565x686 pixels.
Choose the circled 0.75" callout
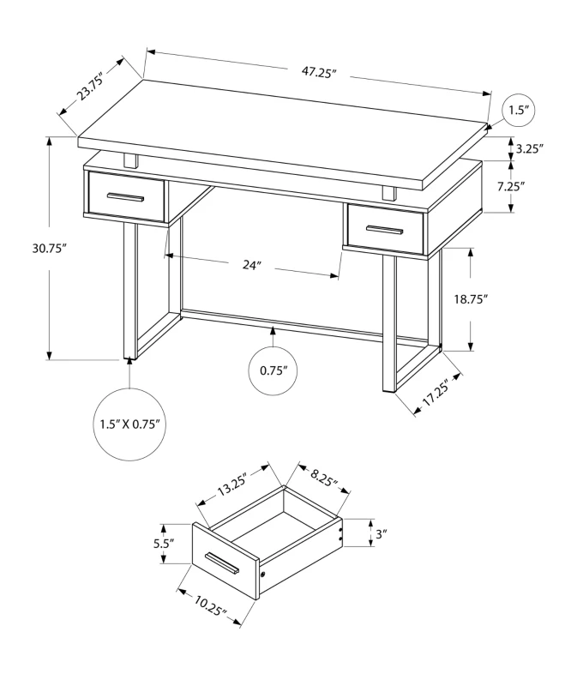point(273,370)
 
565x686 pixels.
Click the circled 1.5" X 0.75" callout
point(129,424)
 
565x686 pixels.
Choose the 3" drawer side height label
point(381,533)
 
